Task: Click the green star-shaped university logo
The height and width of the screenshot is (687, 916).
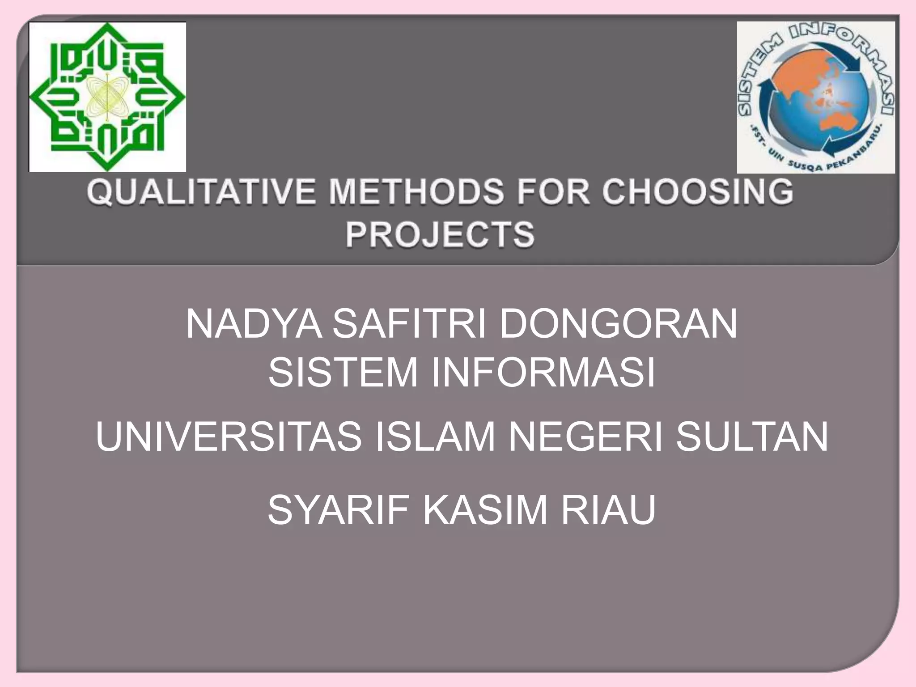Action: pos(107,97)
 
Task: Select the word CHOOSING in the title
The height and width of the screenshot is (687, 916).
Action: pos(697,192)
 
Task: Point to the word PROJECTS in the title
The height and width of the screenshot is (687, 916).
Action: pos(440,234)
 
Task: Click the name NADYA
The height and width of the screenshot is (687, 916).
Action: pos(254,324)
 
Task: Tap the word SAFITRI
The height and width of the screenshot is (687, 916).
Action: pos(409,324)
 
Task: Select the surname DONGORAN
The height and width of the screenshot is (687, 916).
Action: pos(618,324)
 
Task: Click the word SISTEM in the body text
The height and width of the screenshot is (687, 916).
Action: pos(343,372)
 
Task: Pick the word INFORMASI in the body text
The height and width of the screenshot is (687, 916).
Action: pos(543,372)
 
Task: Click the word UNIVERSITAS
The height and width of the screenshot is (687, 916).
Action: pos(229,437)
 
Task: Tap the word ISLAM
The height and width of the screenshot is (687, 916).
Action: pos(434,437)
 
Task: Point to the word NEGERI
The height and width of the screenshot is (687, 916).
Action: pos(585,437)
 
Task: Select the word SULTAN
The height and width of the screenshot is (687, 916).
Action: pos(752,437)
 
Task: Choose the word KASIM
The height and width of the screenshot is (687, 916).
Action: pos(485,510)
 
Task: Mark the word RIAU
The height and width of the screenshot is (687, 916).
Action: pos(609,510)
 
